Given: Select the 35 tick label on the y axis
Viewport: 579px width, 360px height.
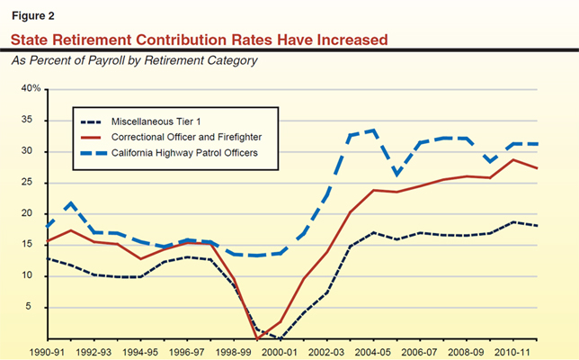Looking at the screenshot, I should (x=32, y=121).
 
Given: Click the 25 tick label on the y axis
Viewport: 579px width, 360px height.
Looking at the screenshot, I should (x=32, y=183).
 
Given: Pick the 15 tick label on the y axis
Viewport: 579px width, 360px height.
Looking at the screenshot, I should (x=32, y=245).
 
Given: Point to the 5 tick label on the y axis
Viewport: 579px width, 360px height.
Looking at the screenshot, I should (x=36, y=307).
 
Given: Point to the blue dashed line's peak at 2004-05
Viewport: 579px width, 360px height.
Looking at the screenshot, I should (x=372, y=130).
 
